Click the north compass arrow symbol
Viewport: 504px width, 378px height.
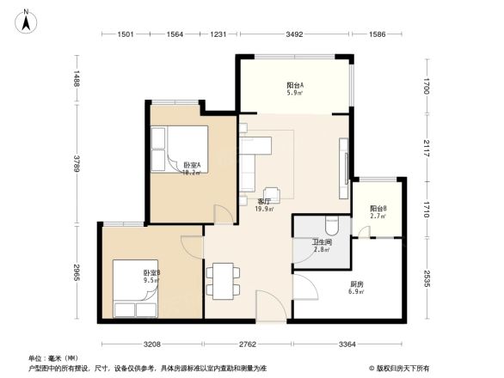(27, 20)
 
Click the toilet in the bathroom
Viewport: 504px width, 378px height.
(335, 224)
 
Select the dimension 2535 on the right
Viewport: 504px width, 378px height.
(427, 282)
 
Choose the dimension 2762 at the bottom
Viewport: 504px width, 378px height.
(248, 344)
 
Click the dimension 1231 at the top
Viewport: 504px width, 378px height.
(218, 34)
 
